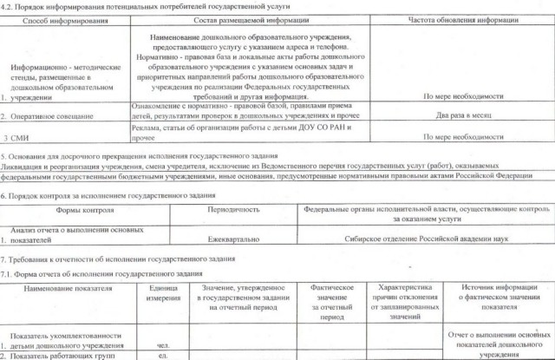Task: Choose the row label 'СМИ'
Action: [16, 137]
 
